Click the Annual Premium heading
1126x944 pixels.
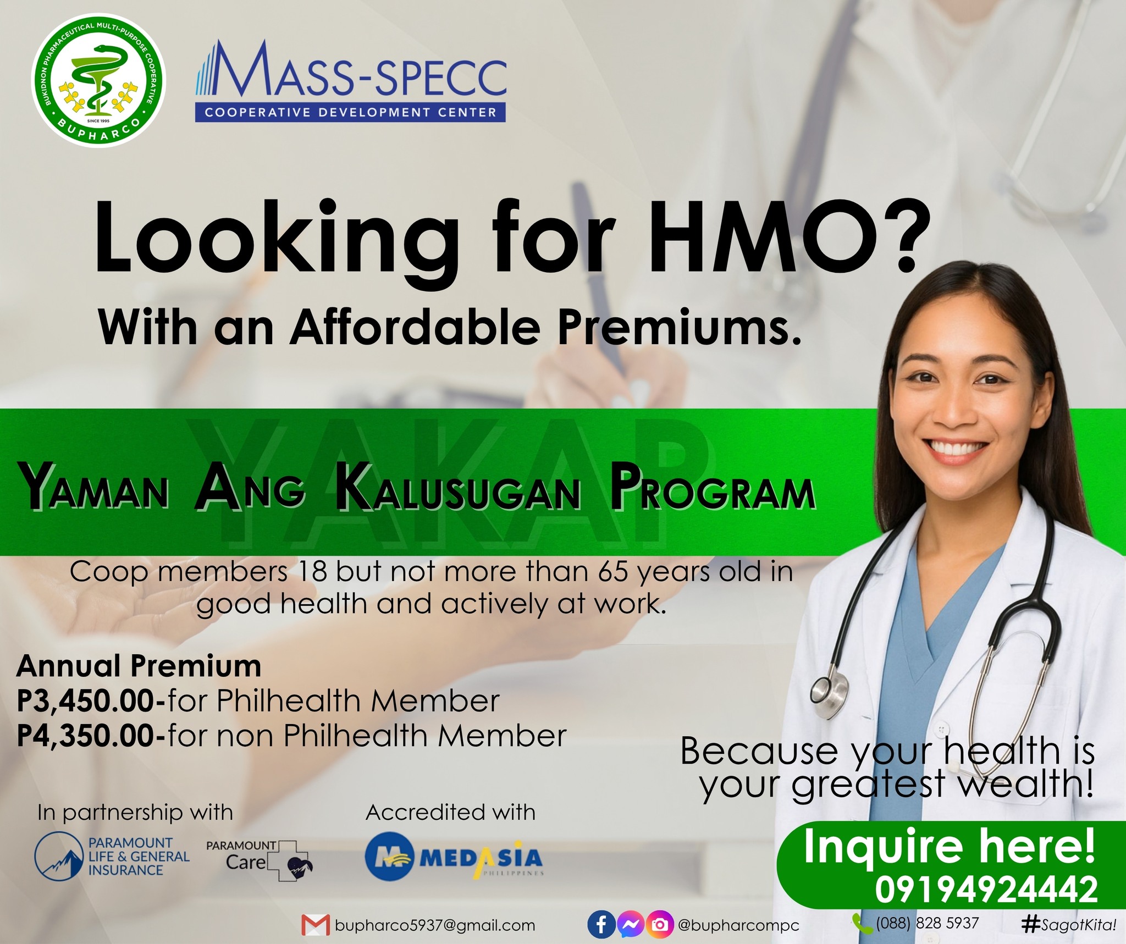click(x=139, y=666)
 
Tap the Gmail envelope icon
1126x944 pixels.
click(x=316, y=925)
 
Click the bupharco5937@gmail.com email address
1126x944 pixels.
click(x=435, y=925)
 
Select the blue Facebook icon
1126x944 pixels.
click(x=601, y=925)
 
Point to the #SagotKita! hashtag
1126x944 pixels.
click(x=1069, y=925)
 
